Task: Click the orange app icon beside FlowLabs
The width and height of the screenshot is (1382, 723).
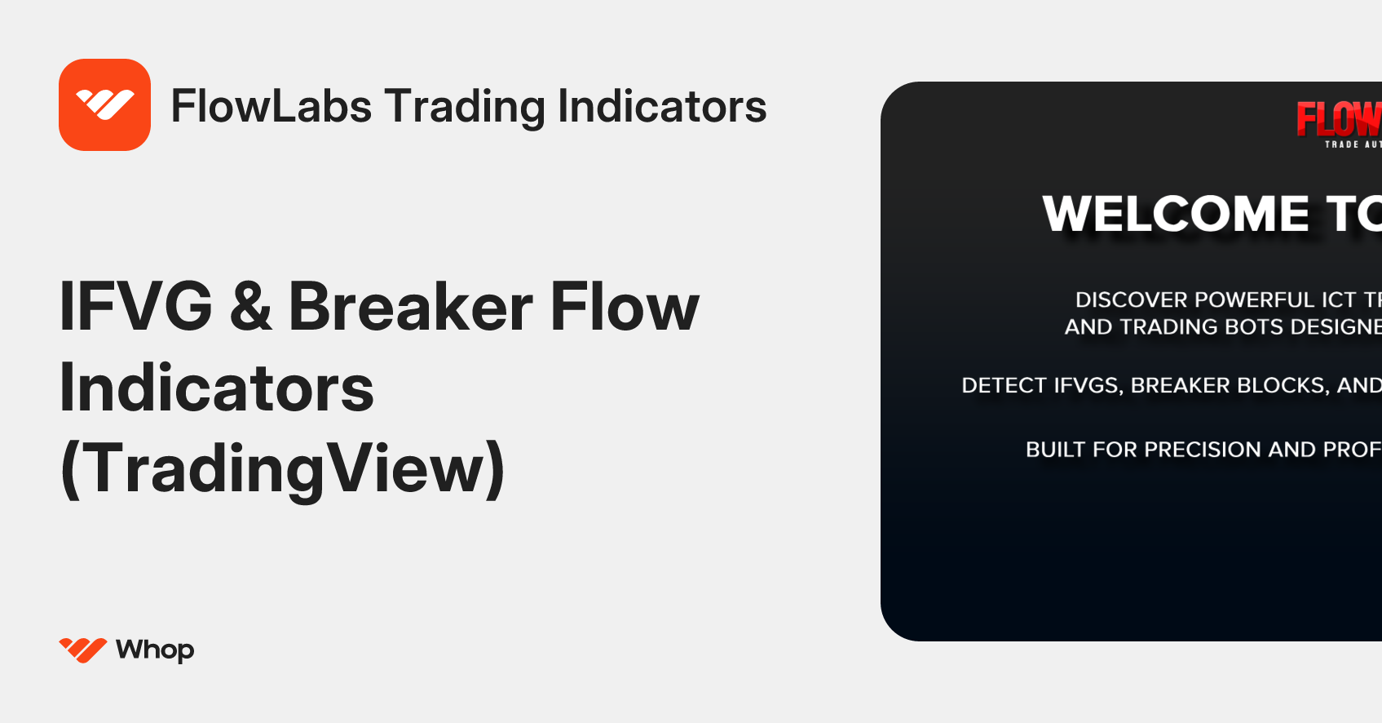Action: (x=104, y=104)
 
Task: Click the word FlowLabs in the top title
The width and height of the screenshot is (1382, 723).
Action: (x=271, y=106)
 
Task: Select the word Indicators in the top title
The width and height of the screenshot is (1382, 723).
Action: (x=661, y=106)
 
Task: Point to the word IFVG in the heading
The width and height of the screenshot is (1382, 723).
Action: (x=135, y=307)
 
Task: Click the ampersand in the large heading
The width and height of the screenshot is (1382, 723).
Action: (x=250, y=308)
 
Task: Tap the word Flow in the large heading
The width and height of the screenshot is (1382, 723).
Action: (x=625, y=307)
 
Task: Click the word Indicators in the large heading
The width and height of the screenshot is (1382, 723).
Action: (x=216, y=388)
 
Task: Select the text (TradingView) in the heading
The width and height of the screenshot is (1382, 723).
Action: (x=282, y=468)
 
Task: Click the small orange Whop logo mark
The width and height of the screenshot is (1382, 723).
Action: (x=82, y=650)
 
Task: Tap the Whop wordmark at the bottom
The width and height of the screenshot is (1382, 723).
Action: (x=155, y=650)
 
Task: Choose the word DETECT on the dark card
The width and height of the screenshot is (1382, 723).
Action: (x=1004, y=385)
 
